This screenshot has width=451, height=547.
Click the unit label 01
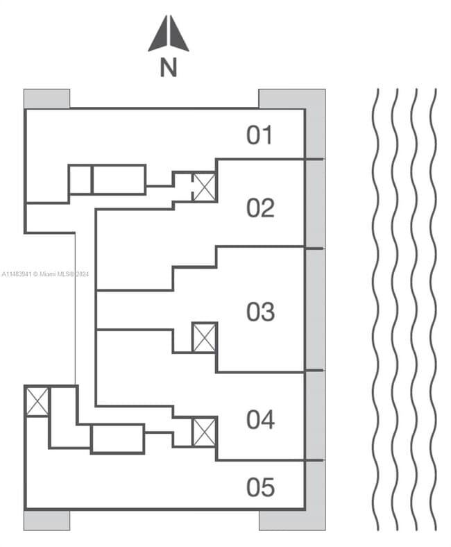tap(260, 135)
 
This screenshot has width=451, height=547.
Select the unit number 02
tap(260, 208)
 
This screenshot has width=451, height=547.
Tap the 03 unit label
tap(260, 312)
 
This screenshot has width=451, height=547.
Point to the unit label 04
tap(260, 419)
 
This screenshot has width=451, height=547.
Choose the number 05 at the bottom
tap(260, 487)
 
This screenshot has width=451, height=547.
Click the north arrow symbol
tap(169, 35)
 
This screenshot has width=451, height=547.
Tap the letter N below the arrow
tap(168, 68)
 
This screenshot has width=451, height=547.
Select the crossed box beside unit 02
tap(204, 187)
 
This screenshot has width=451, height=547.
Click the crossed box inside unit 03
tap(204, 337)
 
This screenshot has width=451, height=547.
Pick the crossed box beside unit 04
tap(204, 432)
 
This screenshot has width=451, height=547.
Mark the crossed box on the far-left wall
tap(37, 402)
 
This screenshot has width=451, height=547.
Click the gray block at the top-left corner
tap(46, 99)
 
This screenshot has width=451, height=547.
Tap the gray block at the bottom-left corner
tap(46, 520)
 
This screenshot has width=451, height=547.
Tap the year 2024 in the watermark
tap(82, 274)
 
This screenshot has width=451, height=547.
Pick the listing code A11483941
tap(16, 274)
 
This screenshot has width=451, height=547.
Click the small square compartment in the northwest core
tap(80, 180)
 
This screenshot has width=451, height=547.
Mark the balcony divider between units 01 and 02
tap(314, 160)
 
